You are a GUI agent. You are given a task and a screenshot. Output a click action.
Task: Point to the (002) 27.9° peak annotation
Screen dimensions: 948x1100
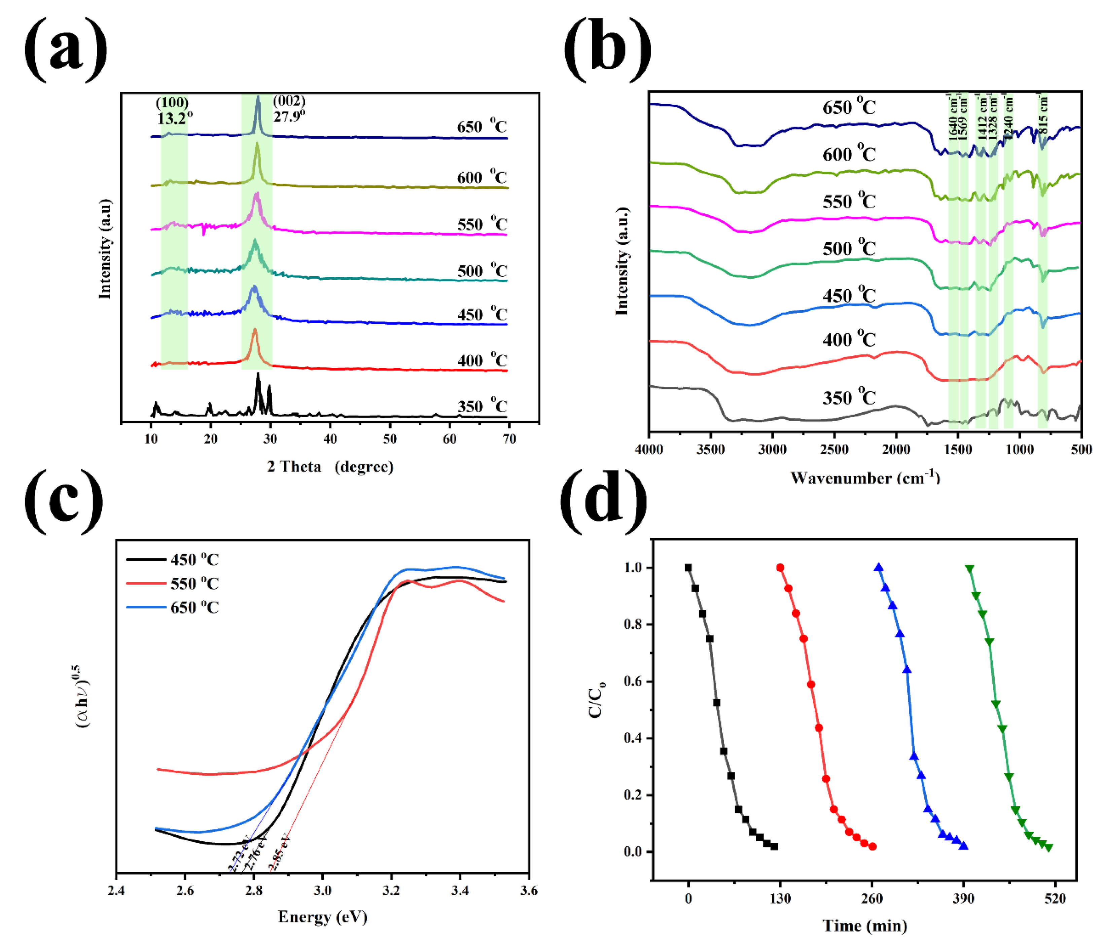tap(289, 108)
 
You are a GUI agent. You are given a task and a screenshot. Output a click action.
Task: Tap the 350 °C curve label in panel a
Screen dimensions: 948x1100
tap(482, 406)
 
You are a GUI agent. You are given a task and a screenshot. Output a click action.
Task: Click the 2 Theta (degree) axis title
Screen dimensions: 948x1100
tap(330, 466)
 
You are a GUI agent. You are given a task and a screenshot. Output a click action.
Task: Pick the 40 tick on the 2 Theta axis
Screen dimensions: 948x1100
tap(330, 439)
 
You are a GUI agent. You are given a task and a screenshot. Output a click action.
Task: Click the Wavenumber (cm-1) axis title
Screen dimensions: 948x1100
tap(865, 478)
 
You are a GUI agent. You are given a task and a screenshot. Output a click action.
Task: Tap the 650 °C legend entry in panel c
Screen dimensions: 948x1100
tap(194, 607)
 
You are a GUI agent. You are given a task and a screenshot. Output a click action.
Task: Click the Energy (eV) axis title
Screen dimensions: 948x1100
tap(322, 917)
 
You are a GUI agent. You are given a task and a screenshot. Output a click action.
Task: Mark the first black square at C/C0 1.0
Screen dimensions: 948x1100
tap(688, 567)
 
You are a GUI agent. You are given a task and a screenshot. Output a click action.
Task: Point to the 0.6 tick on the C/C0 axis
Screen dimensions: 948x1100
tap(633, 681)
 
